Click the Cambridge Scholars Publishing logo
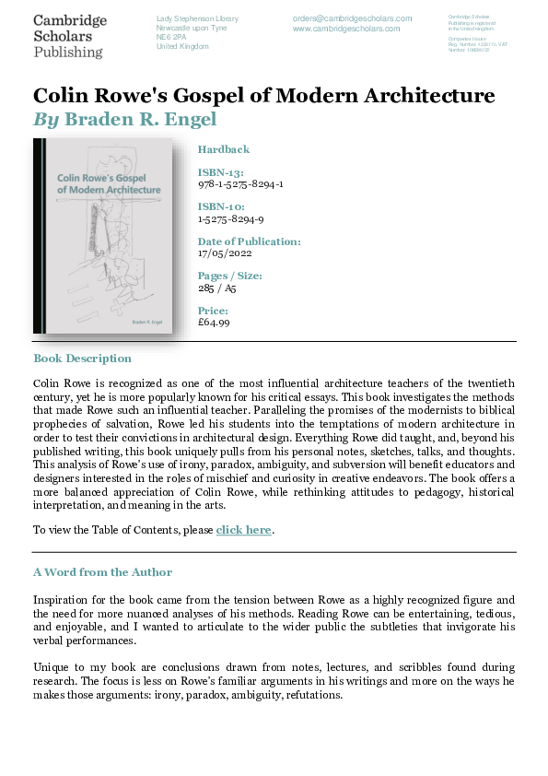[x=69, y=36]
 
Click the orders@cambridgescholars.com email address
[x=346, y=18]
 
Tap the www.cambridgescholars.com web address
[x=346, y=29]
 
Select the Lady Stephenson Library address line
[x=197, y=18]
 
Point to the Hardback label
[x=224, y=149]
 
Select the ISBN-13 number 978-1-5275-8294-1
[x=240, y=183]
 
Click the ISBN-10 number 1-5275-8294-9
[x=231, y=218]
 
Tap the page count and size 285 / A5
[x=217, y=288]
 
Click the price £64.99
[x=214, y=323]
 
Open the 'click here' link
[x=244, y=530]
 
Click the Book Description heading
[x=82, y=359]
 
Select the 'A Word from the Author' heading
[x=102, y=572]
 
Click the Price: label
[x=213, y=312]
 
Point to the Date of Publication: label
[x=249, y=241]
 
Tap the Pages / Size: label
[x=230, y=276]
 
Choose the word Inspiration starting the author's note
[x=64, y=599]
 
